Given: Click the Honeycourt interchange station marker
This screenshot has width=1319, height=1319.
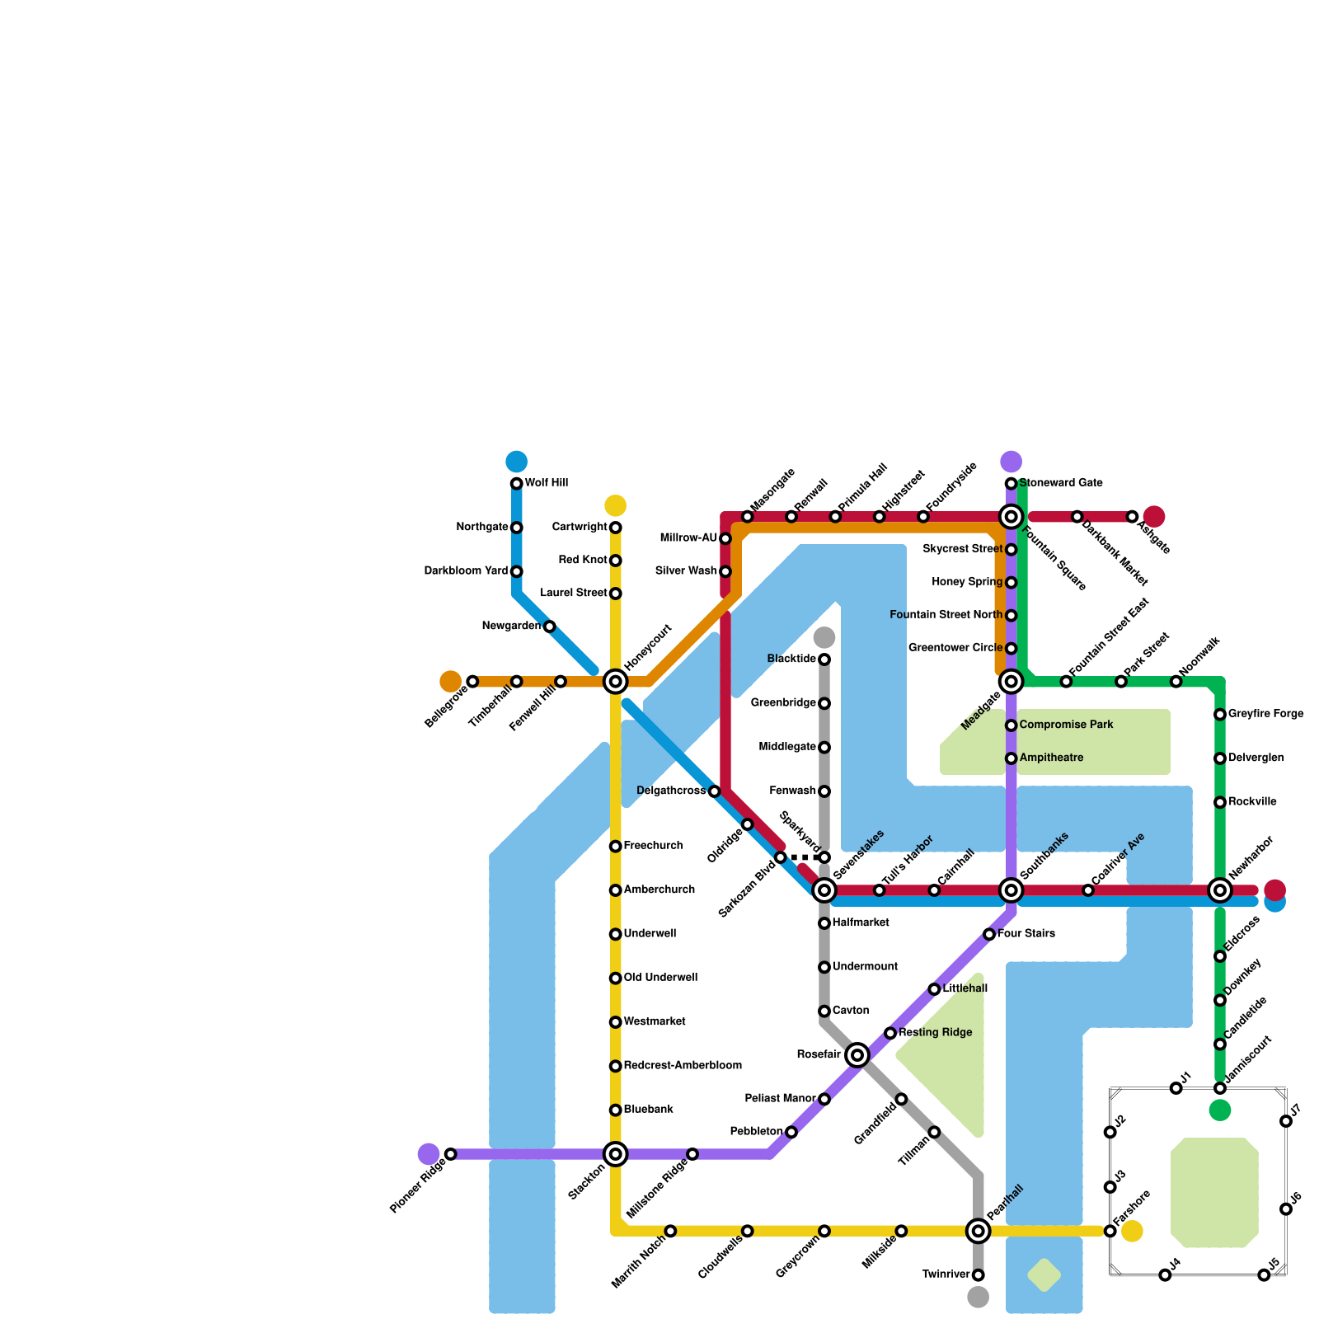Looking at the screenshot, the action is (615, 682).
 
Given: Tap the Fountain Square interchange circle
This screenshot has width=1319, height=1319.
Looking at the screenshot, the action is (1011, 517).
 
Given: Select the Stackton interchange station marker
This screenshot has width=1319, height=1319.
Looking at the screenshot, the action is (615, 1154).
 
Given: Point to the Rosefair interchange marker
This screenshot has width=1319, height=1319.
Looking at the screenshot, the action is (857, 1055).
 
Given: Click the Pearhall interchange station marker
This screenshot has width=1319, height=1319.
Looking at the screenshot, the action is (978, 1232).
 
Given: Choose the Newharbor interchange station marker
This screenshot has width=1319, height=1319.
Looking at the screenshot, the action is (1220, 890).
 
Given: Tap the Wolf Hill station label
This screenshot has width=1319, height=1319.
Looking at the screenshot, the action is (547, 483).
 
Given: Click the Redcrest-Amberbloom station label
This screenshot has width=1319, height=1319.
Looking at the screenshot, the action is (683, 1066).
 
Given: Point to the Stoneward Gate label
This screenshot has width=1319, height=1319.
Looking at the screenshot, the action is (1061, 483).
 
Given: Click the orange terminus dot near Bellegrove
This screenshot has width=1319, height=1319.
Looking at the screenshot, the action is (451, 682).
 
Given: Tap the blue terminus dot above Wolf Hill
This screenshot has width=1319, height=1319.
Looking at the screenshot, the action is (517, 462).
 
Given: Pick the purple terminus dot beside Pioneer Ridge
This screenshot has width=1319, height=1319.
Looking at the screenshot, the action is (429, 1154).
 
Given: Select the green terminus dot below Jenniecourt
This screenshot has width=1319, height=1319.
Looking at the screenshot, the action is (1220, 1110).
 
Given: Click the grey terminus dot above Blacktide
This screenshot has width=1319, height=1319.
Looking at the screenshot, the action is (824, 637).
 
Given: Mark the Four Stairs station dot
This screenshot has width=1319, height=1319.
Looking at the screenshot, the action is (989, 934).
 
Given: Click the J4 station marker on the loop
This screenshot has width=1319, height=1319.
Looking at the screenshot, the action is (1165, 1275).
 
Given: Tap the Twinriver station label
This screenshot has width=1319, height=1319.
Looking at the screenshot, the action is (946, 1275).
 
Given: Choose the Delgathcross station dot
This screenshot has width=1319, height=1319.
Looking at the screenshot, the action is (715, 791).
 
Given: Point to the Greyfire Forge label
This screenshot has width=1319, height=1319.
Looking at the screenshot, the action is (1265, 714).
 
